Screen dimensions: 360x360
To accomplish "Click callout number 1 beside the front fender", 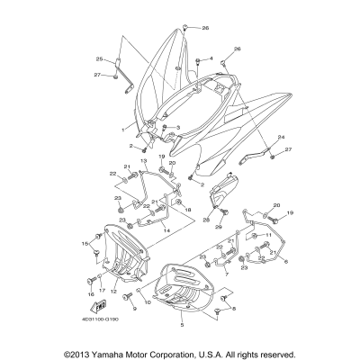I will [122, 129].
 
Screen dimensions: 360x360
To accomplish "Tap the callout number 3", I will [179, 128].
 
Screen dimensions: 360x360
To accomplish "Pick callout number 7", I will [228, 273].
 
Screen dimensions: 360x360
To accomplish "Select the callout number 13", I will [142, 160].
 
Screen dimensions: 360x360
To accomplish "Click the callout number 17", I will [102, 292].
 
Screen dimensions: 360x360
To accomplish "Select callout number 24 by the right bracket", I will [281, 136].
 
